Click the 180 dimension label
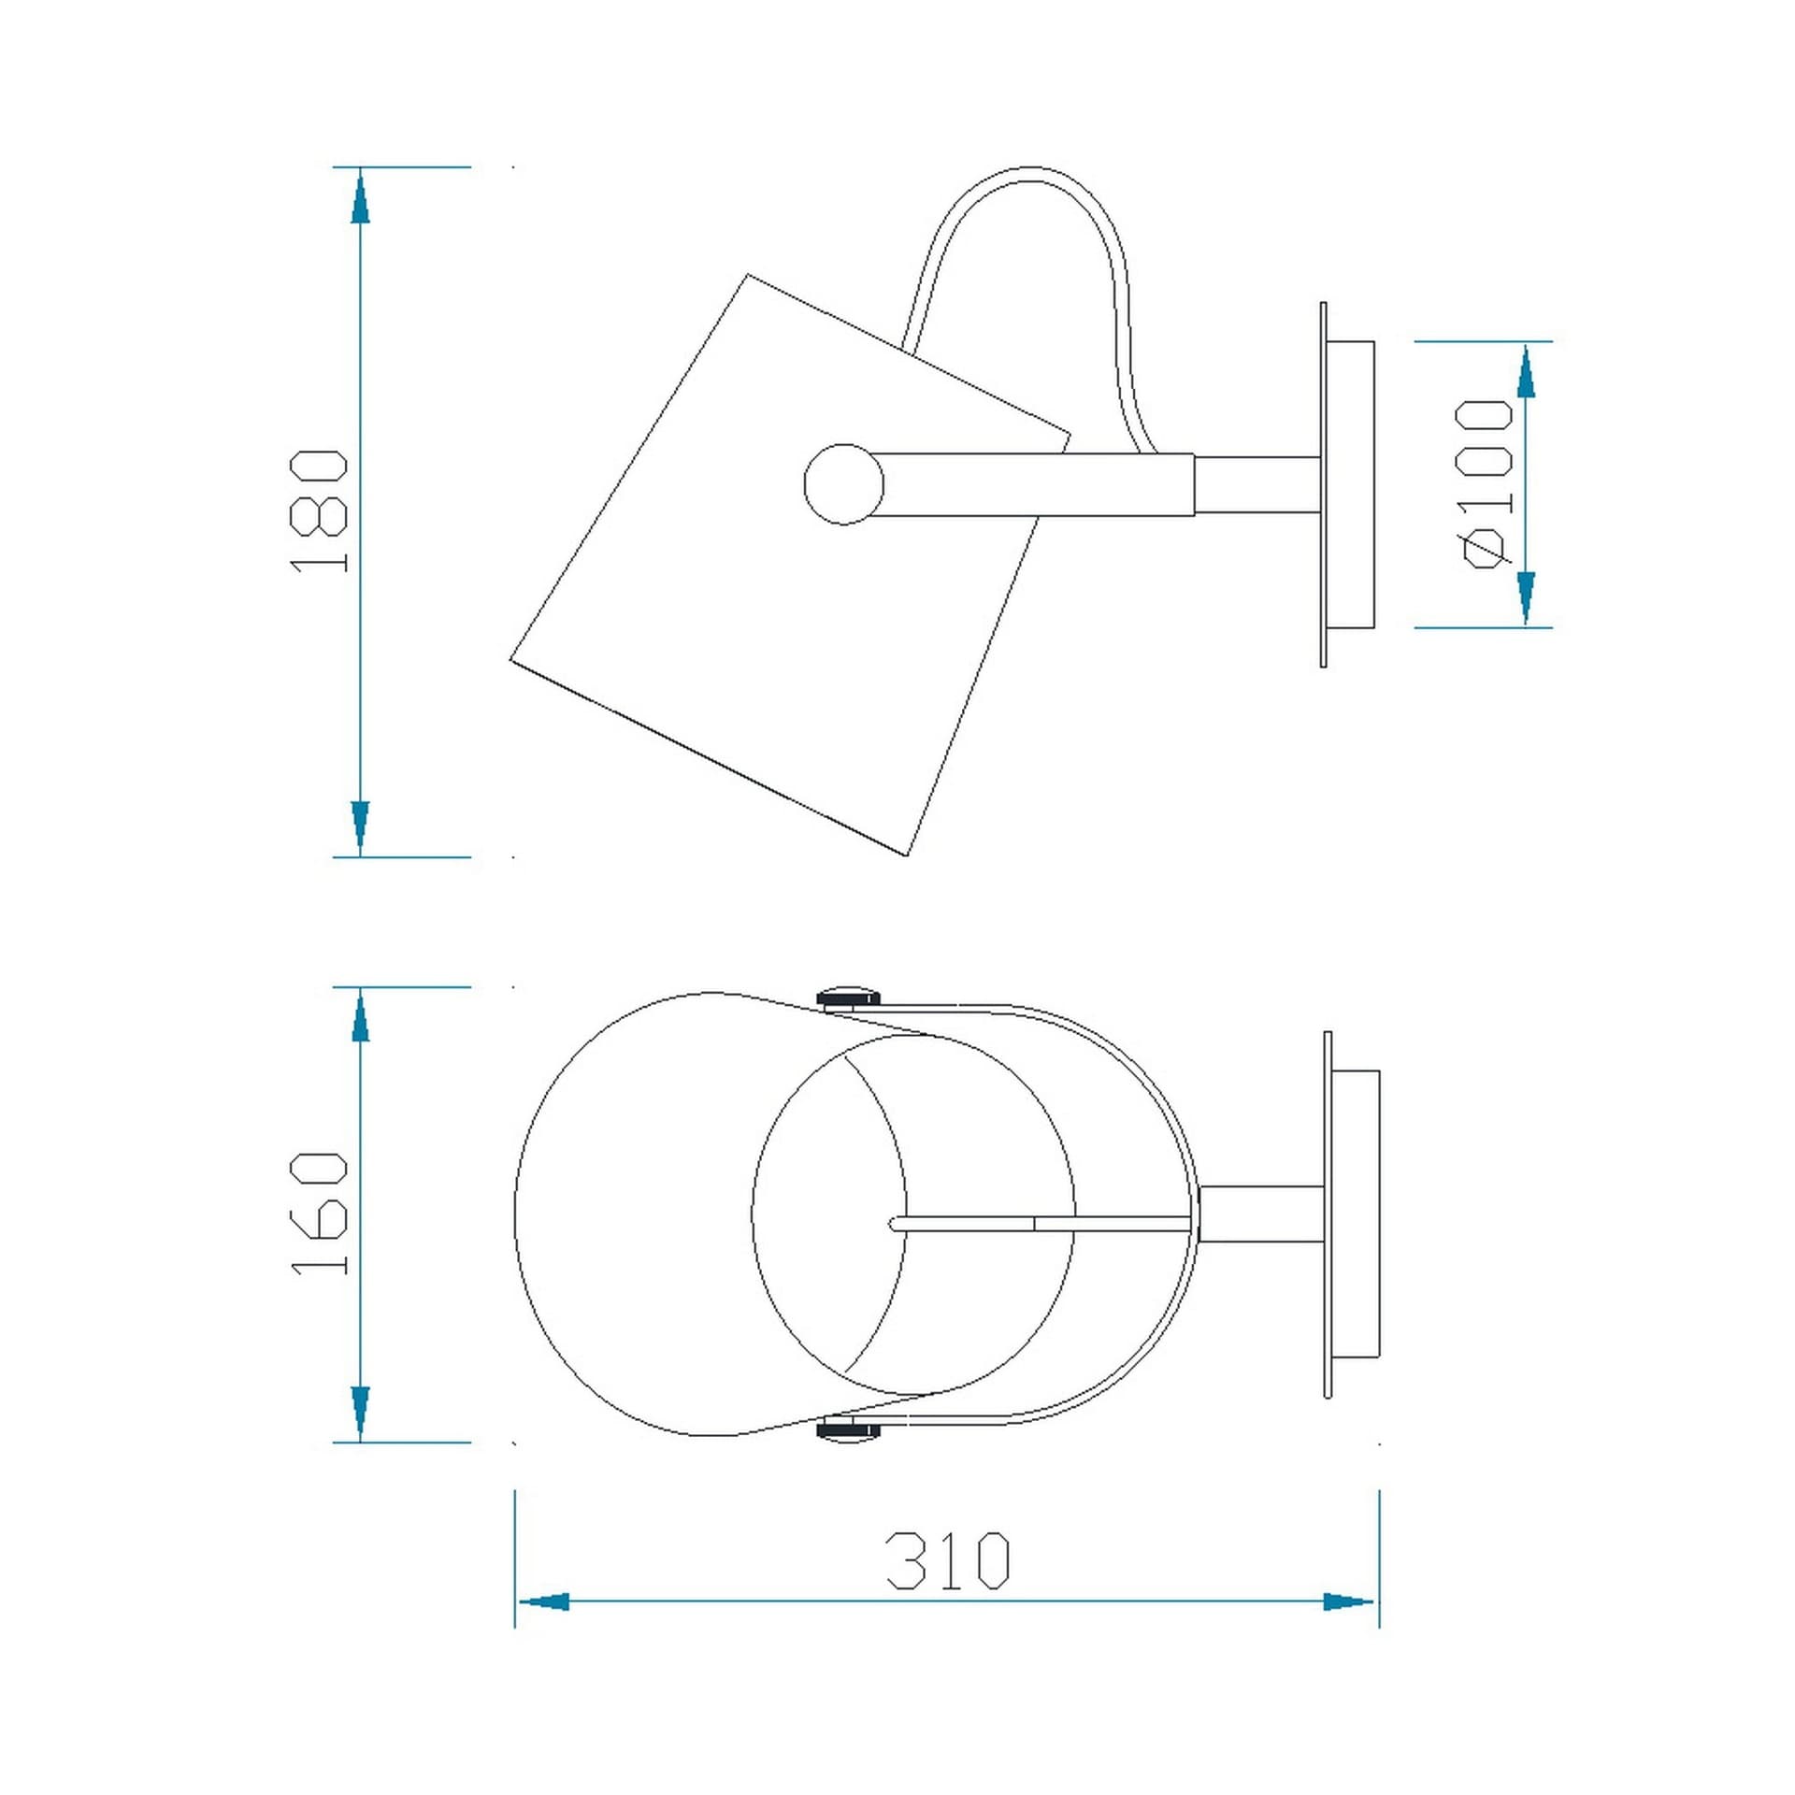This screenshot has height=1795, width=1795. [320, 511]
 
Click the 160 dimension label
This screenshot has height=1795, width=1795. [320, 1213]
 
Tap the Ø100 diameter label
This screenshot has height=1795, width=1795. [1486, 483]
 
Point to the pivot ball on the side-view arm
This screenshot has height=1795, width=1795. [843, 483]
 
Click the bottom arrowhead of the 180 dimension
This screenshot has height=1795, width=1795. [360, 828]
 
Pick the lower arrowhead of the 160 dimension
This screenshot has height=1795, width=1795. [360, 1414]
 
